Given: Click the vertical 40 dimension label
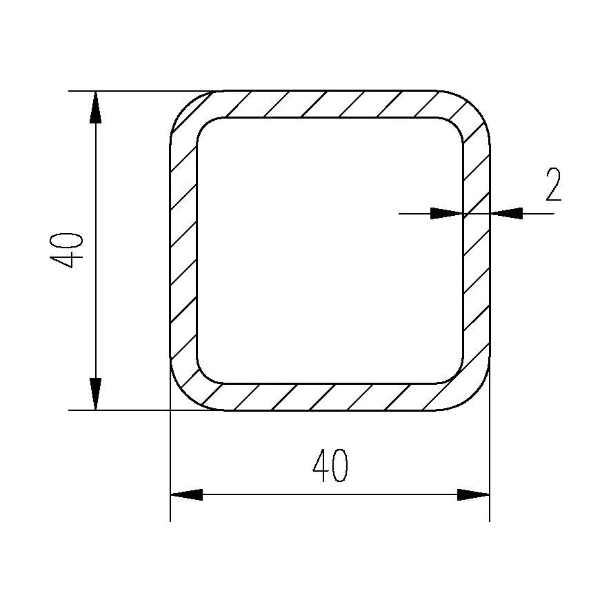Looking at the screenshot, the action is tap(66, 250).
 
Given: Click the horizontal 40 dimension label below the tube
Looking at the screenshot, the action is tap(330, 465).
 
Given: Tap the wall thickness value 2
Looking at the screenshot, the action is tap(553, 184).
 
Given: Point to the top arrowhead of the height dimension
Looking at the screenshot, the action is tap(95, 107).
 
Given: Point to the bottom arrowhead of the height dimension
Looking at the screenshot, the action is tap(95, 394).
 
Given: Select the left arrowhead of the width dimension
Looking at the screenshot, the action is tap(186, 494).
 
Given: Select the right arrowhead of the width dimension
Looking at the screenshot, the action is tap(474, 494).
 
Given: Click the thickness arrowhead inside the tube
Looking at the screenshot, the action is tap(447, 214).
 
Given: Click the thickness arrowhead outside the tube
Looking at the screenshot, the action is tap(506, 214).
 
